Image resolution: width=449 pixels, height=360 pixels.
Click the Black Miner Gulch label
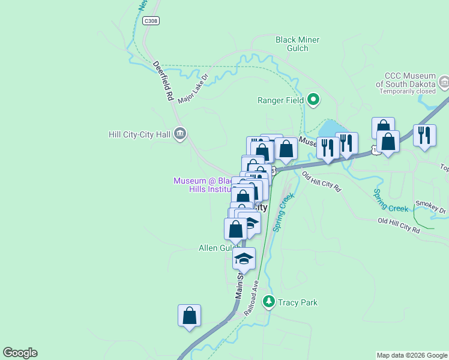click(x=297, y=44)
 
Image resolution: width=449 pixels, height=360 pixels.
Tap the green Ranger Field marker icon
click(x=313, y=100)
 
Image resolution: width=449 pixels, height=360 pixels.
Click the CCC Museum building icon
click(x=444, y=82)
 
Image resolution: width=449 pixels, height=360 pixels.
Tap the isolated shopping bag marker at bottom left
click(x=189, y=316)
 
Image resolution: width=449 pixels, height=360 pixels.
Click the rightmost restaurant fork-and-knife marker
click(x=424, y=136)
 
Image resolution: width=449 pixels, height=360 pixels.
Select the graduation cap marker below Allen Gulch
click(x=244, y=259)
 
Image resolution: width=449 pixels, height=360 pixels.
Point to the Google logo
click(x=20, y=353)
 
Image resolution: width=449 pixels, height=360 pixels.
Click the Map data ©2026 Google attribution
click(x=411, y=355)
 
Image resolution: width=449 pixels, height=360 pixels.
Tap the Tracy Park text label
click(x=297, y=302)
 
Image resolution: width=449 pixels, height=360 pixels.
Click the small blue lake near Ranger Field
click(x=328, y=129)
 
